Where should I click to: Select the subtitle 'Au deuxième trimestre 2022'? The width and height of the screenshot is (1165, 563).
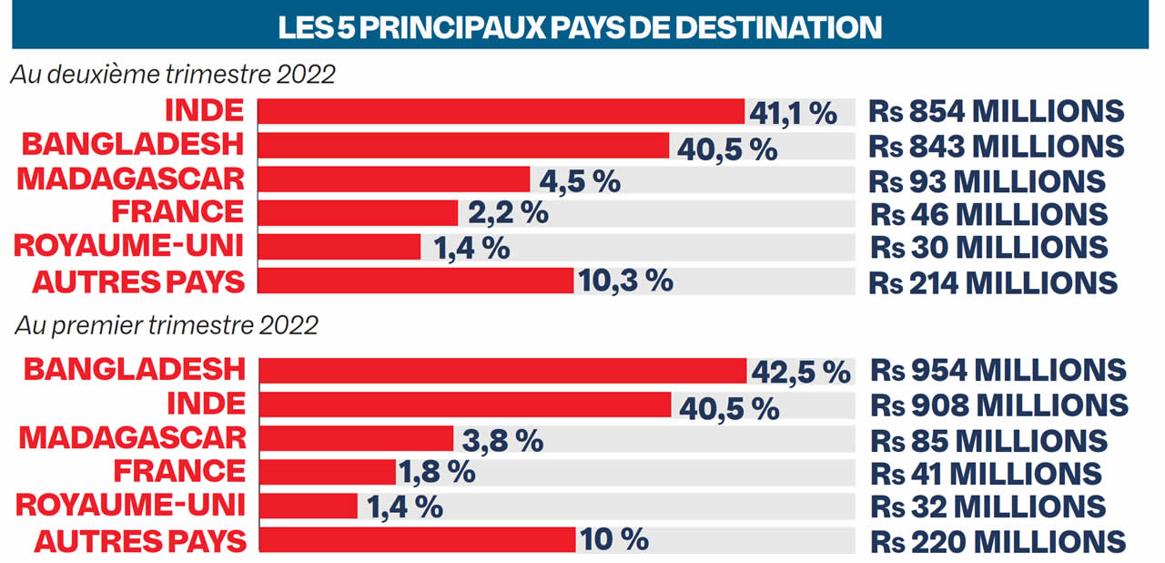tap(173, 76)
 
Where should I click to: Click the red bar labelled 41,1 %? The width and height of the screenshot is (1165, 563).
tap(501, 111)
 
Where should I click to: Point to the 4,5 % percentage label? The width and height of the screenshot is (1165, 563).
tap(579, 179)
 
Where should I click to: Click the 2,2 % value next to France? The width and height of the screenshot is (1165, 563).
tap(507, 213)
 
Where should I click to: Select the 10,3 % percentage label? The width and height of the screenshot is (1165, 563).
tap(623, 281)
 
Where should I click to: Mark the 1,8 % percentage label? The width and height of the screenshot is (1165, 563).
tap(437, 472)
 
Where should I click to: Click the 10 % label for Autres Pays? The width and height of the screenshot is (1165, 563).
tap(614, 539)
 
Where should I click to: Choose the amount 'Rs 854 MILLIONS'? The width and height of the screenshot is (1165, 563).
tap(997, 111)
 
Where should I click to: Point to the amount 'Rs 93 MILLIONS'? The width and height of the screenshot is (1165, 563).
tap(988, 179)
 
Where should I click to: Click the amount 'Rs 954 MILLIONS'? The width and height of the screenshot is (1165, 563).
tap(998, 370)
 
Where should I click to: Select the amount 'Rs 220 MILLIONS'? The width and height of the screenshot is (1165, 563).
tap(998, 540)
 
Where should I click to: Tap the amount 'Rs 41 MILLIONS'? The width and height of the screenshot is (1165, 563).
tap(986, 473)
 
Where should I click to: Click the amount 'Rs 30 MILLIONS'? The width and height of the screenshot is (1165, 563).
tap(988, 247)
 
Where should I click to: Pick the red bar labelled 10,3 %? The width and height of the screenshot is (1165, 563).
tap(416, 281)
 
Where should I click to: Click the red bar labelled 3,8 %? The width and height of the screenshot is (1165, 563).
tap(356, 438)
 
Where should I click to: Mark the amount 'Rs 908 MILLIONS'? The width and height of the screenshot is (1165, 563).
tap(999, 404)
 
